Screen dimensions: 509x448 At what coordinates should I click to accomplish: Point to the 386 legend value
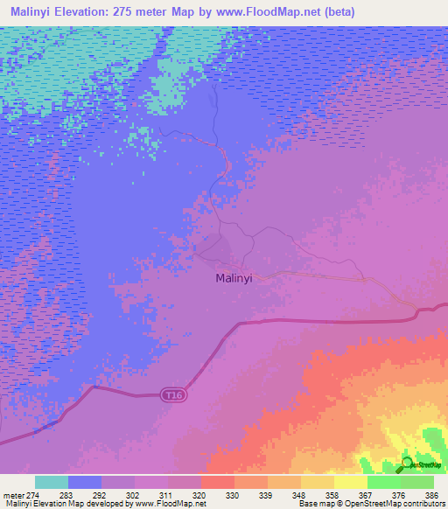(431, 495)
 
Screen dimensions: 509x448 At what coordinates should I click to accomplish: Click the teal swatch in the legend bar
(52, 482)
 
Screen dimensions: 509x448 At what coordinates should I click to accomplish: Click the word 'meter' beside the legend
(13, 495)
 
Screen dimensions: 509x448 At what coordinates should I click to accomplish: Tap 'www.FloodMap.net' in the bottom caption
(175, 504)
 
